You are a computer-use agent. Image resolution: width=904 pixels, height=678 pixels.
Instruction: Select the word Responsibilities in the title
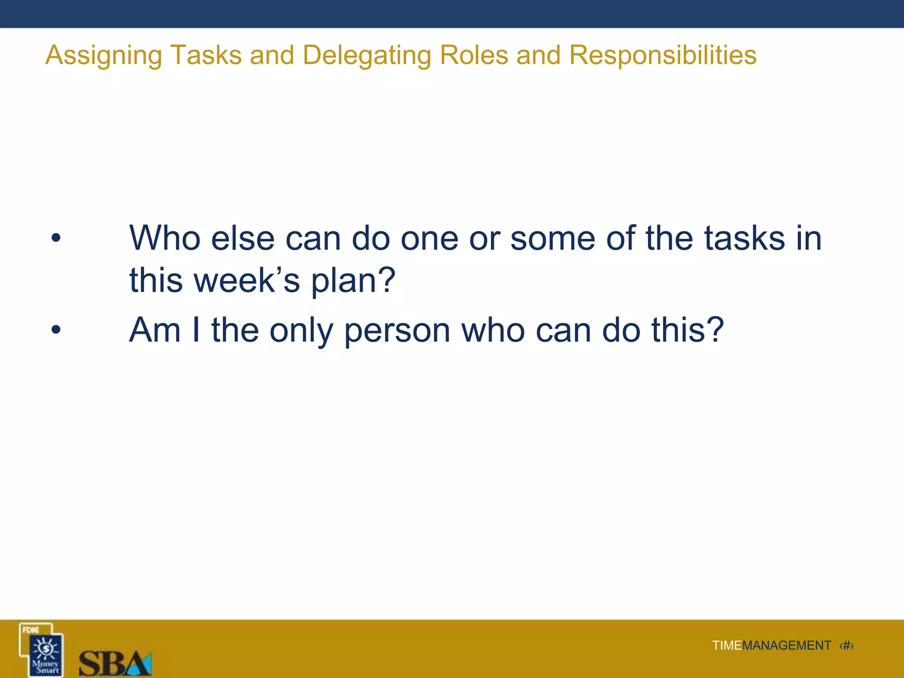[x=663, y=56]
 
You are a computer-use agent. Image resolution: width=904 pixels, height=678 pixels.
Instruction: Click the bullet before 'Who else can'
[x=56, y=238]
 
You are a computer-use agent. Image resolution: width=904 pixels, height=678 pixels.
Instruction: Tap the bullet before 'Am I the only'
[x=56, y=330]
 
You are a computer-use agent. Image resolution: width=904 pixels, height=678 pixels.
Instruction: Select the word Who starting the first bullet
[x=165, y=238]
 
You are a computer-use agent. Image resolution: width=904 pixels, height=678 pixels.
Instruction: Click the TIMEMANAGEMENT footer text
[x=771, y=646]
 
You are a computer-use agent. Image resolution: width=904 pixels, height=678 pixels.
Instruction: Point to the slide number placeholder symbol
[x=846, y=646]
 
